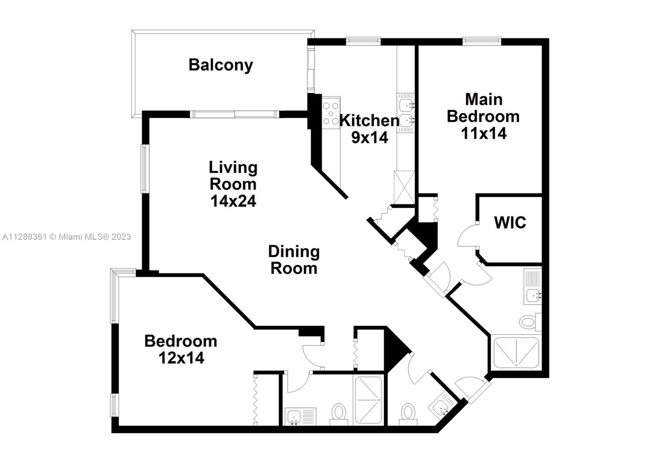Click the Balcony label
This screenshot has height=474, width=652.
[220, 65]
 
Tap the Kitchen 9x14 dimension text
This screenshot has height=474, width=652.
[370, 137]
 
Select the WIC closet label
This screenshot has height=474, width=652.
[510, 223]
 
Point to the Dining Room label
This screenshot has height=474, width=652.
[294, 260]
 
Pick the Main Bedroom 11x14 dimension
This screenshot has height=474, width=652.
[484, 133]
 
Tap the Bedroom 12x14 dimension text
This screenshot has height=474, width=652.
[181, 358]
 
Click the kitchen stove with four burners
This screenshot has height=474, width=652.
[331, 113]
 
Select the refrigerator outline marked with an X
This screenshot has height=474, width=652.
[404, 187]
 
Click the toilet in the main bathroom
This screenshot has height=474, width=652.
[530, 322]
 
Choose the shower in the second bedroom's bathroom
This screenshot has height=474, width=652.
[368, 400]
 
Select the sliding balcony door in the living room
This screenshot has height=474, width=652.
[235, 115]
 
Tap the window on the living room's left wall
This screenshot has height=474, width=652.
[145, 169]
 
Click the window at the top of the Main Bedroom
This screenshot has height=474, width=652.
[482, 41]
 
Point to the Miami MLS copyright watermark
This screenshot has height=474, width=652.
[67, 237]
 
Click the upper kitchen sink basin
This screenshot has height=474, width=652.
[405, 104]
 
